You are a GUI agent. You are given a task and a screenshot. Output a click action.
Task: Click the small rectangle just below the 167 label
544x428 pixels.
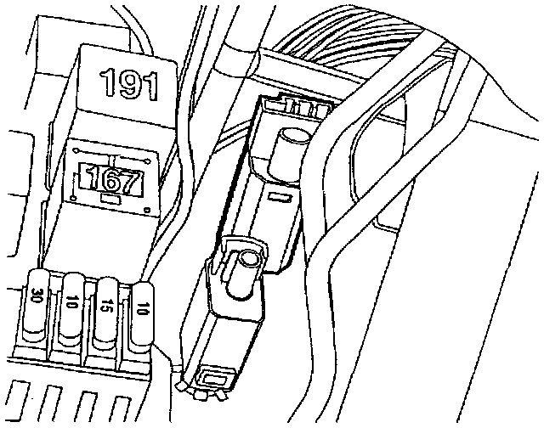point(110,200)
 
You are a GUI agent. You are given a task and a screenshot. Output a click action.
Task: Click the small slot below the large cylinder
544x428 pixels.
point(277,197)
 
